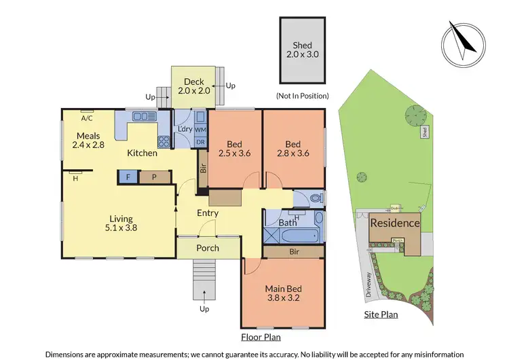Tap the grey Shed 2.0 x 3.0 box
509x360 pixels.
point(302,50)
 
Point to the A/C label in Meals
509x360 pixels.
point(87,117)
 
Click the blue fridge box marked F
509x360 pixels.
point(127,177)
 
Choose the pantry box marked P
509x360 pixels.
point(153,177)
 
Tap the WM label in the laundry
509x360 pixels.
point(200,129)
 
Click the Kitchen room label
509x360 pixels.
point(143,153)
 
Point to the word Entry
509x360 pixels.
point(208,213)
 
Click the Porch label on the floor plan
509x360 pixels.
point(208,248)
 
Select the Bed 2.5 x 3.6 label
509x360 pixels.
point(234,149)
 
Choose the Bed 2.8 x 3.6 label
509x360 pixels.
point(293,149)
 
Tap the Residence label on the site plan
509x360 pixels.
point(394,223)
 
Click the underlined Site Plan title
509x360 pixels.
point(380,314)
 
